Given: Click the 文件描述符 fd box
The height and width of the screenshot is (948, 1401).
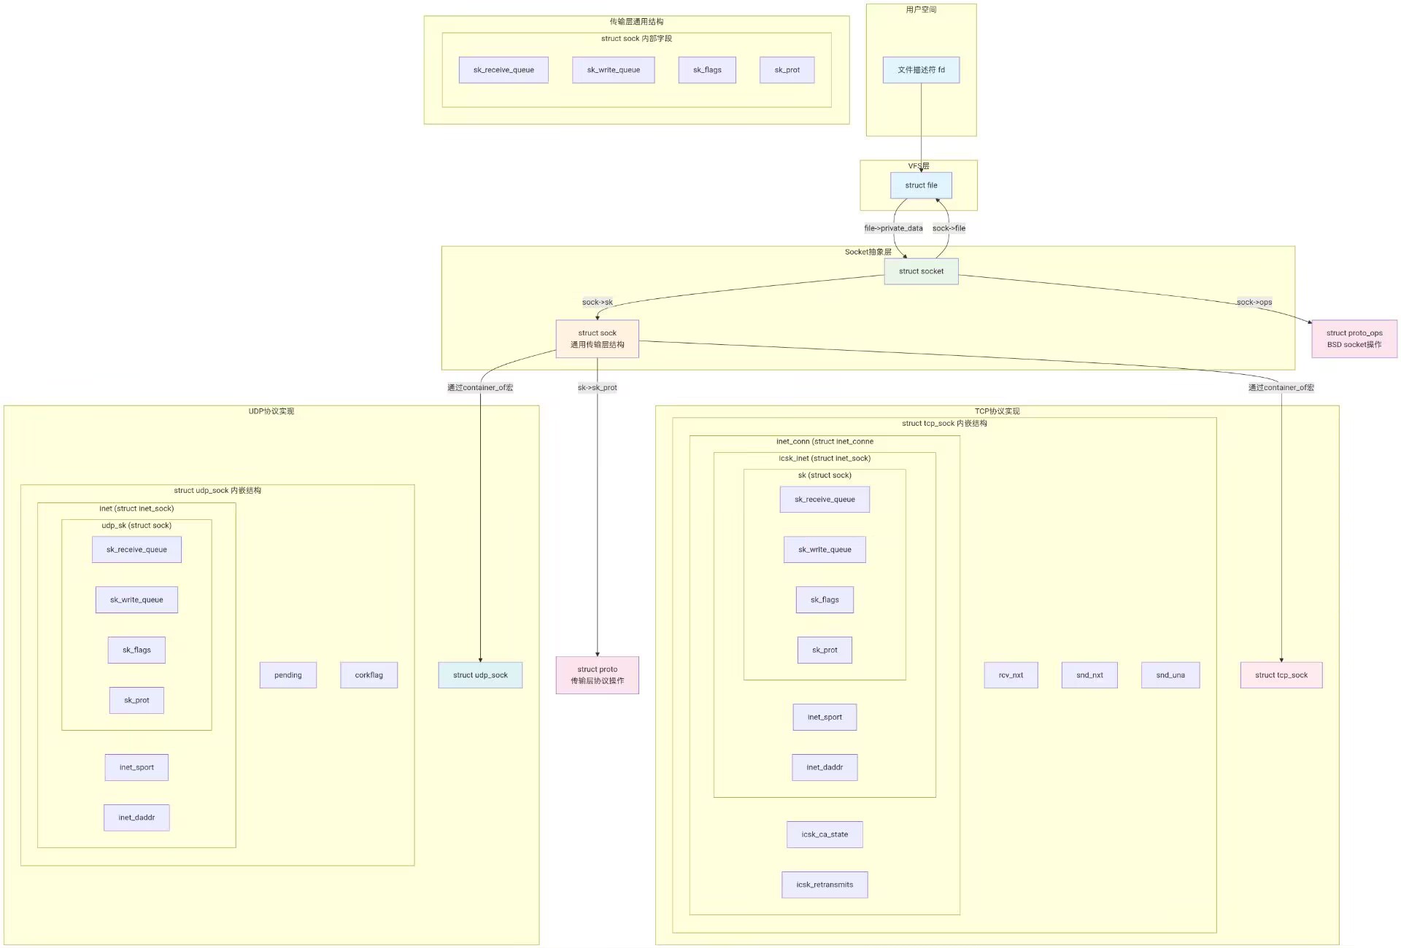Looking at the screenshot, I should click(921, 70).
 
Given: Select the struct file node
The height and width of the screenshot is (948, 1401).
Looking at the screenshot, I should click(921, 185).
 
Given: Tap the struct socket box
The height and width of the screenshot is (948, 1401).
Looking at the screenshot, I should click(921, 271).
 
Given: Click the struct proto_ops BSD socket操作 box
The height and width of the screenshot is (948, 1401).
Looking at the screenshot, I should click(1354, 338).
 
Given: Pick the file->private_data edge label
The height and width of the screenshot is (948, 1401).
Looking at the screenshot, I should click(893, 228).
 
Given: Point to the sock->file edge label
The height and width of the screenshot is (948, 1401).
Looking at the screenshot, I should click(949, 228).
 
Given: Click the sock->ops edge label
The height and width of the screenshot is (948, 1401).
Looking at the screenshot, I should click(1254, 302).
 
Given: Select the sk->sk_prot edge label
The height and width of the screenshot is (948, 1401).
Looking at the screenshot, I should click(597, 387).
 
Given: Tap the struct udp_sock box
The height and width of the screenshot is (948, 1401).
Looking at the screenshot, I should click(480, 675).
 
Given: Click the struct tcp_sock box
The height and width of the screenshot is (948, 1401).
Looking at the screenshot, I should click(1281, 675).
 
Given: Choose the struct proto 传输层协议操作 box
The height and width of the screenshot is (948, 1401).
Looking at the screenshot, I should click(597, 675).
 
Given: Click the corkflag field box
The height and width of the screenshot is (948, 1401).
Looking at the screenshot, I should click(368, 675).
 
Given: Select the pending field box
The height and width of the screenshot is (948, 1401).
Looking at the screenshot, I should click(288, 675).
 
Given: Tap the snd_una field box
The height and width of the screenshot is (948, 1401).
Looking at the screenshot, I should click(1170, 675).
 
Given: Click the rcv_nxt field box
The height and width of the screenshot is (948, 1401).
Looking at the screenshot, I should click(1011, 675).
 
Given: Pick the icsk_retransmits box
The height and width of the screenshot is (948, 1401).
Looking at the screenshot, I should click(825, 885).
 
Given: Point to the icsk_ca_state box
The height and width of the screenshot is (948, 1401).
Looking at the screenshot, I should click(825, 834).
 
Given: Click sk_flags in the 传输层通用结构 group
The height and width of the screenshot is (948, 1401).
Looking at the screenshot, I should click(707, 70).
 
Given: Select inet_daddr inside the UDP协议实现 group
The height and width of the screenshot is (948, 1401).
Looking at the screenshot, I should click(136, 817).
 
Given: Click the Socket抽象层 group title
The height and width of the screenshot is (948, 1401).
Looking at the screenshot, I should click(868, 252).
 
